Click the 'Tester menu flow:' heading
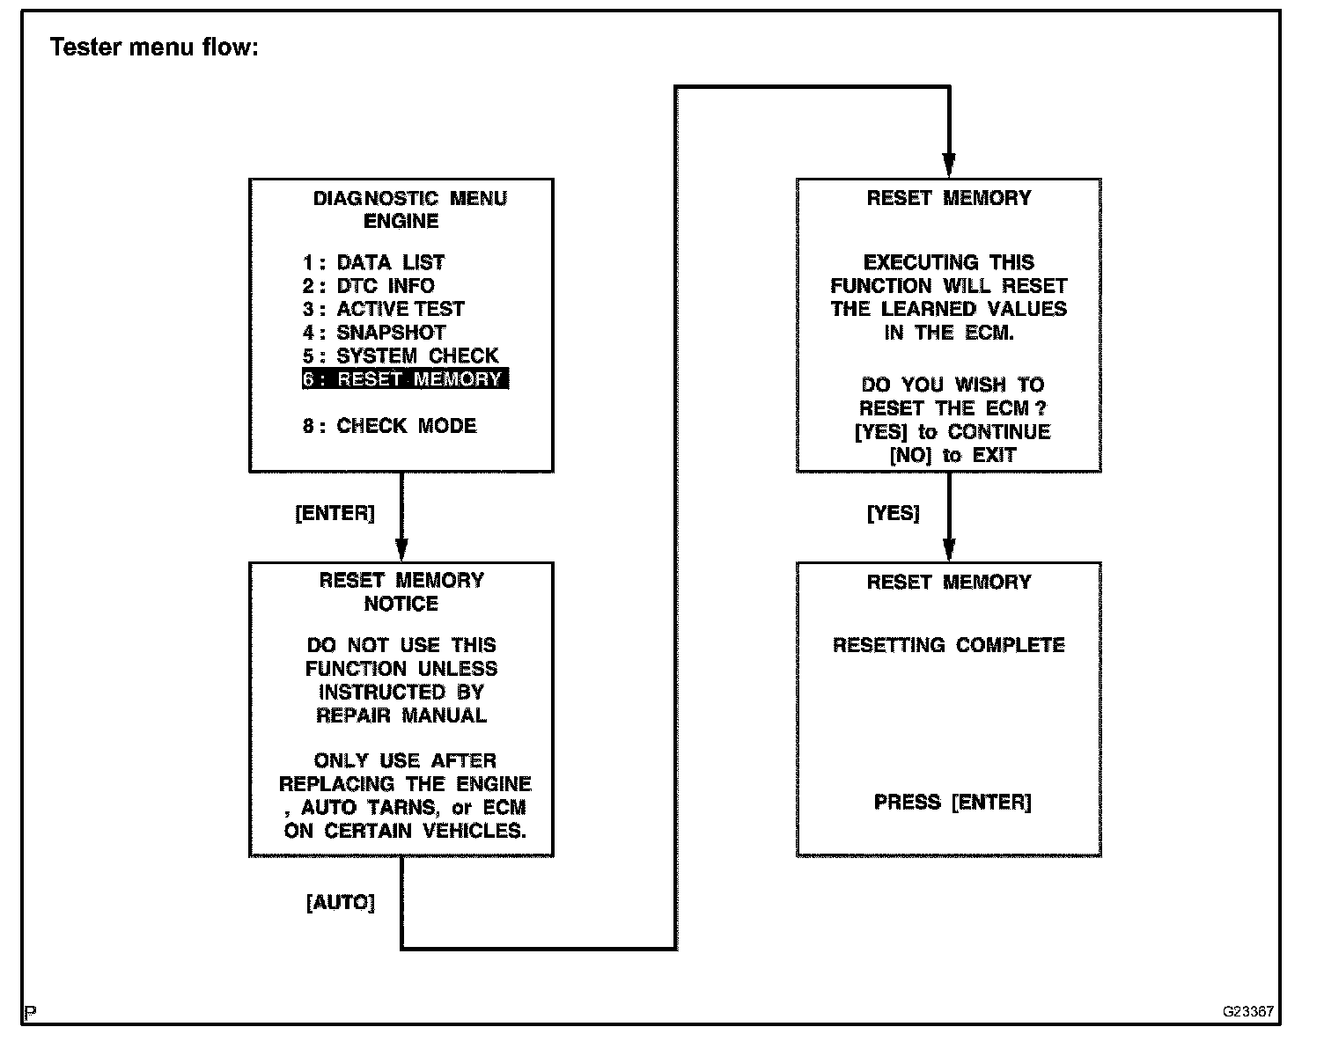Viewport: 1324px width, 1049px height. pos(154,47)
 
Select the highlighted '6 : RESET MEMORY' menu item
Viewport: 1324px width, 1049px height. pos(405,379)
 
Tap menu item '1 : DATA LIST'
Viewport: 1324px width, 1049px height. pos(374,262)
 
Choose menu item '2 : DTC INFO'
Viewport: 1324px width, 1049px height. pos(369,286)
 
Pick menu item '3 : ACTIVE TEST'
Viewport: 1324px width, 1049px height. pos(384,309)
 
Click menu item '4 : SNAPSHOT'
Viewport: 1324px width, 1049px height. pos(375,333)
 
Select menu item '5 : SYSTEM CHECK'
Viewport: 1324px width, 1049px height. pos(401,356)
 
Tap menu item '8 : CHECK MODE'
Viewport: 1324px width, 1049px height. pos(390,426)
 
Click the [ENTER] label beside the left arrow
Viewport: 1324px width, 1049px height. pos(335,513)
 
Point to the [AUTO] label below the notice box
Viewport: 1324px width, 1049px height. pos(340,903)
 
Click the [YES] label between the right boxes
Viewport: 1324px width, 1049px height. pos(893,513)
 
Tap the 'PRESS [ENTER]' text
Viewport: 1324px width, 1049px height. pos(953,803)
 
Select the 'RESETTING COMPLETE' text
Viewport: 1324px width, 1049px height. pos(949,645)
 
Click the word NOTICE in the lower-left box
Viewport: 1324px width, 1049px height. pos(401,604)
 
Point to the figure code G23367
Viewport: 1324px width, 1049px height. pos(1247,1012)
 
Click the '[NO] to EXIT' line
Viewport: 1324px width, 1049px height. pos(953,456)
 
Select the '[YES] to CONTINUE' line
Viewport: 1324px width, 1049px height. pos(953,432)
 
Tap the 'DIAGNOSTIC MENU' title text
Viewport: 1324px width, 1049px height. pos(410,198)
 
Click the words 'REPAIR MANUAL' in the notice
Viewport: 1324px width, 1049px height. pos(401,715)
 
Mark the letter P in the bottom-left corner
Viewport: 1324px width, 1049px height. pos(30,1013)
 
